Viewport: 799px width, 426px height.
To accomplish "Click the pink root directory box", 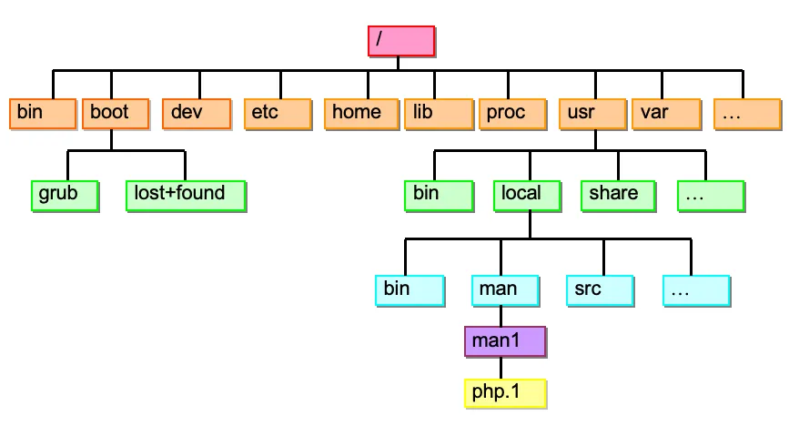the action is [401, 41].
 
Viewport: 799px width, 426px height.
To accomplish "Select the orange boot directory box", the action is [116, 114].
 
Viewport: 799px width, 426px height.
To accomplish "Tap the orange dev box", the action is [197, 114].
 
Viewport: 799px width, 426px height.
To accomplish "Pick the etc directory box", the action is [278, 114].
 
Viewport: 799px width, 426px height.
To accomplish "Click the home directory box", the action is [361, 114].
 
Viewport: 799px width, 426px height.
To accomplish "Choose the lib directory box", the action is [439, 114].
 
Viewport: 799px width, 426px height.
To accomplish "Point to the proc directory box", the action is [512, 114].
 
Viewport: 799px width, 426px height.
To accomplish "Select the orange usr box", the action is [592, 114].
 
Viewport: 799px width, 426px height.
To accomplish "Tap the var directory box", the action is [666, 114].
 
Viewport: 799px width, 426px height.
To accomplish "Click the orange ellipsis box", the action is [747, 114].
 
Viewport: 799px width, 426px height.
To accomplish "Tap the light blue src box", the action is [601, 291].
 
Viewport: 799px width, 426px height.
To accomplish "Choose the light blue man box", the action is [505, 291].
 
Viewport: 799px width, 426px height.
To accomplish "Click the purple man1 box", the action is [505, 342].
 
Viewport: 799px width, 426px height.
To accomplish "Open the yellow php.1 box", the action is [505, 394].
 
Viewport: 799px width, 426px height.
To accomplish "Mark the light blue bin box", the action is [410, 291].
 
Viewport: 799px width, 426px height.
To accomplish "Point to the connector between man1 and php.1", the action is [501, 368].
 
